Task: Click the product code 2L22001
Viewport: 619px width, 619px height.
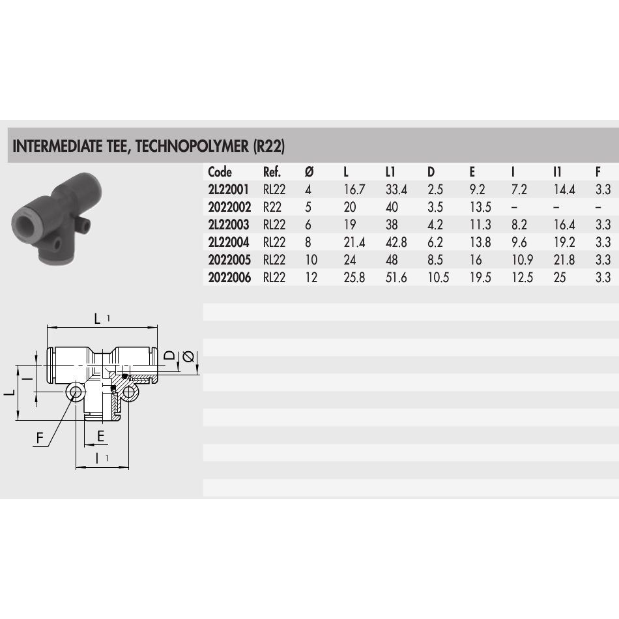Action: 229,190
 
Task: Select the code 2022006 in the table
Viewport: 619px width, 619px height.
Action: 229,278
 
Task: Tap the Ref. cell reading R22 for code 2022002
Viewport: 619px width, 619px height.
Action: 272,207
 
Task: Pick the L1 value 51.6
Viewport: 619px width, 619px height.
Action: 396,278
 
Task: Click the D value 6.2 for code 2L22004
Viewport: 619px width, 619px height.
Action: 435,242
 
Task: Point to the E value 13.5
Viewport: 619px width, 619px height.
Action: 480,207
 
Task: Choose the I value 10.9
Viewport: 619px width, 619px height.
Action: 522,260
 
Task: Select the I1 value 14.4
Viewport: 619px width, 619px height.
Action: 564,190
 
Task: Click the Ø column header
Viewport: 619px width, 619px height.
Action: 309,172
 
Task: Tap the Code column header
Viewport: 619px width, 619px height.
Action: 220,172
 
